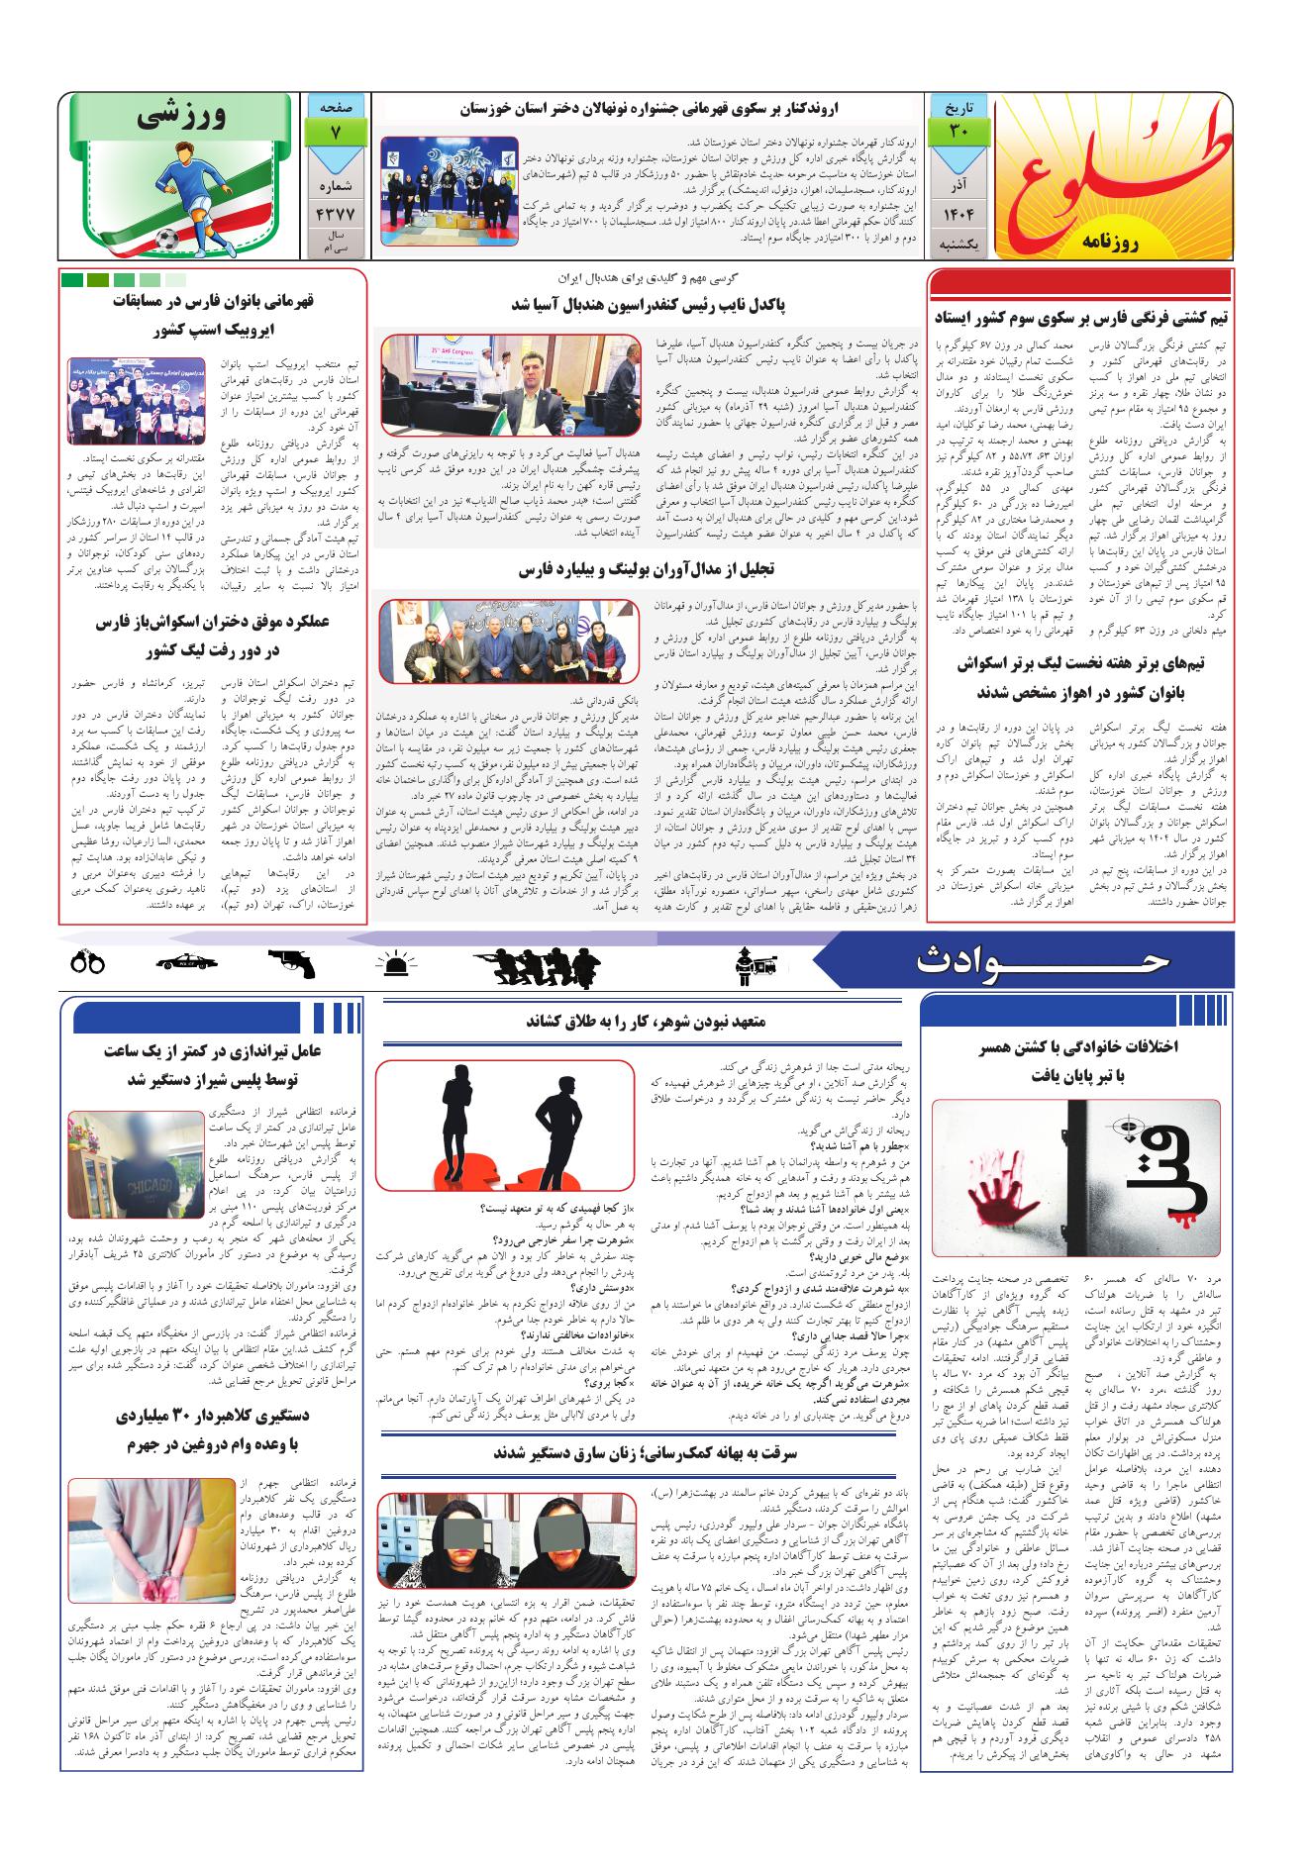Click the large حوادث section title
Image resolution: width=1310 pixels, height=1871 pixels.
[x=1045, y=959]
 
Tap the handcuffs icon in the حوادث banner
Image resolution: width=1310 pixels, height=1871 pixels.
[x=88, y=960]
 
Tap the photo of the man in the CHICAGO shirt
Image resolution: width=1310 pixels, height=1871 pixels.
[x=135, y=1164]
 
